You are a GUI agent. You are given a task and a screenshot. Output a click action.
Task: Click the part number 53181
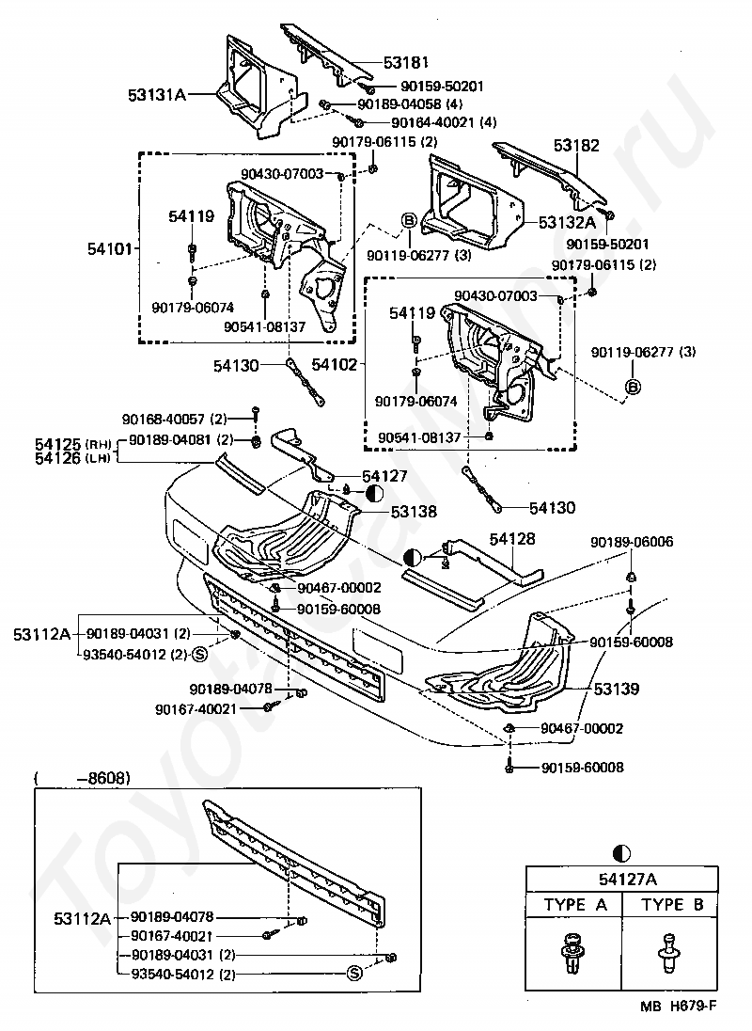405,63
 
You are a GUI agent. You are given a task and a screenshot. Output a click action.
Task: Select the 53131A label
157,94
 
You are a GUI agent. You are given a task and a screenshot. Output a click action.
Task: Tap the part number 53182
576,146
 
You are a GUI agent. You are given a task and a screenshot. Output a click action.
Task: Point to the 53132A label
567,222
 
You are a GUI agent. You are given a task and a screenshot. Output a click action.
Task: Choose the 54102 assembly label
333,363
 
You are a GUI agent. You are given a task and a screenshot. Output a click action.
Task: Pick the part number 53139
616,689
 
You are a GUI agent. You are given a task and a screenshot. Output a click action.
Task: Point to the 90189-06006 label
631,542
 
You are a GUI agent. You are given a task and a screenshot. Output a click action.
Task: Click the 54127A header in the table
623,879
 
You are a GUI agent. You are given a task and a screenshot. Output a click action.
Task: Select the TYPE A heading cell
575,905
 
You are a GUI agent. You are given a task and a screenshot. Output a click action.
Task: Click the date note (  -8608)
82,778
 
